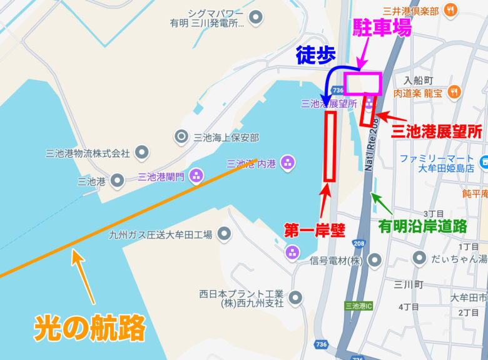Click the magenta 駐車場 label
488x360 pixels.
click(x=382, y=28)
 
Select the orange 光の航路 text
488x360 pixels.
click(x=89, y=327)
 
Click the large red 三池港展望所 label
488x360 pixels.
click(x=436, y=131)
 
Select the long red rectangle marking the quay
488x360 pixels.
click(x=330, y=147)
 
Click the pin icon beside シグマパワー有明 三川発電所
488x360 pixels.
click(x=255, y=18)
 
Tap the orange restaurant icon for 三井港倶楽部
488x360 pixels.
click(x=450, y=10)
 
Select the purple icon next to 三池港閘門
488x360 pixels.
click(x=196, y=176)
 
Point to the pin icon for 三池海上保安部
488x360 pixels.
click(x=181, y=136)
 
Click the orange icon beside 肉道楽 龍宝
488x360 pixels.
click(x=454, y=92)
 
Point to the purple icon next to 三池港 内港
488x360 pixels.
click(x=288, y=163)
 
